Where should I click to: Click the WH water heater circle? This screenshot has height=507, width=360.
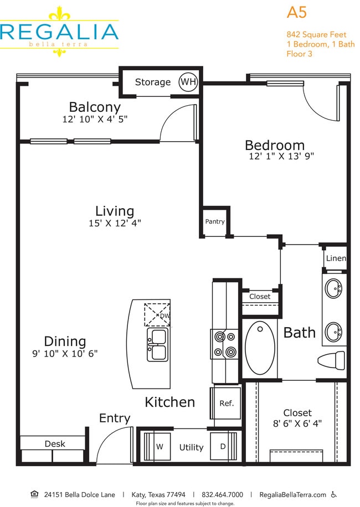pyautogui.click(x=188, y=82)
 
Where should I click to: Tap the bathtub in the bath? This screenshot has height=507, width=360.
pyautogui.click(x=260, y=349)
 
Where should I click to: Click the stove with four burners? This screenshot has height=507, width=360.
pyautogui.click(x=225, y=344)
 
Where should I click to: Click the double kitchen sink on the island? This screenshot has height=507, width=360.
pyautogui.click(x=158, y=344)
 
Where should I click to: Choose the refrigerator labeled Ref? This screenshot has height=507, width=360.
pyautogui.click(x=227, y=403)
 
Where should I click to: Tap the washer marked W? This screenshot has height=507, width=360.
pyautogui.click(x=158, y=447)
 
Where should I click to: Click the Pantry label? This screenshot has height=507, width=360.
pyautogui.click(x=215, y=221)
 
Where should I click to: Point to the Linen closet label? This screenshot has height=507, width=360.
pyautogui.click(x=336, y=258)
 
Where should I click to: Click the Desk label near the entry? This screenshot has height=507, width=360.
pyautogui.click(x=54, y=443)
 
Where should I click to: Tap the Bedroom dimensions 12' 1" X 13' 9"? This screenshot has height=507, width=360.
pyautogui.click(x=281, y=157)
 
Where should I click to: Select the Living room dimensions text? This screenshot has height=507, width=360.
pyautogui.click(x=114, y=223)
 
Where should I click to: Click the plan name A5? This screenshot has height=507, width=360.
pyautogui.click(x=297, y=13)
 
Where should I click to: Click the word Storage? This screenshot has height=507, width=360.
pyautogui.click(x=153, y=82)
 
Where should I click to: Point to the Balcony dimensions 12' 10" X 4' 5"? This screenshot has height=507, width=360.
pyautogui.click(x=95, y=118)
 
